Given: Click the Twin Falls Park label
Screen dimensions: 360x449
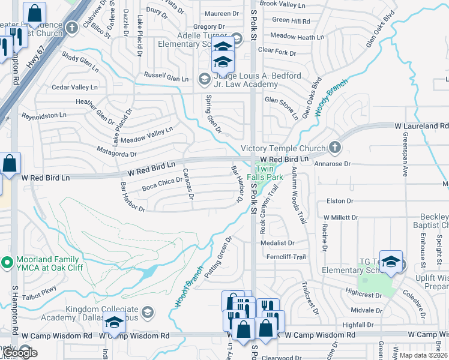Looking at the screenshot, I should pos(270,173).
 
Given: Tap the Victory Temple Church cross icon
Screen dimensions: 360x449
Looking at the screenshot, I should pos(336,148).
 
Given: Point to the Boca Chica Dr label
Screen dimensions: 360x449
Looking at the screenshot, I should pos(162,184).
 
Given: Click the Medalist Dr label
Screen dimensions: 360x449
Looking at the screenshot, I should pos(277,243).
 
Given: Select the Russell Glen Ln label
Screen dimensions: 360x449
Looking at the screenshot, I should pos(166,77).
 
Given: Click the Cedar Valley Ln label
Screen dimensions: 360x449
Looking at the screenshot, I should pos(74,88).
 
